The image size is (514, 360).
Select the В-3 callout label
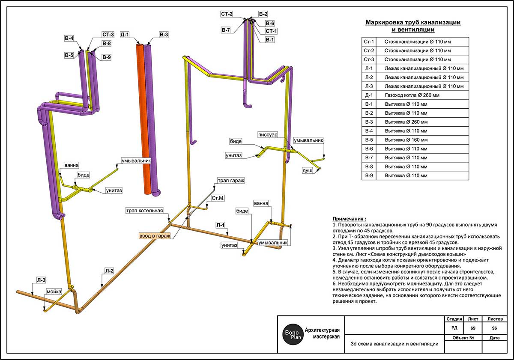coord(164,35)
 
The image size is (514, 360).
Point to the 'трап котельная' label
coord(144,211)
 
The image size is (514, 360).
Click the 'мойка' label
coord(54,292)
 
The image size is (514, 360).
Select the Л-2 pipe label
coord(109,271)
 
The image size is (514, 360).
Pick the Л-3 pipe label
coord(40,280)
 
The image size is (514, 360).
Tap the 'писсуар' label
coord(268,135)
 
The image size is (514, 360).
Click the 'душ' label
coord(308,170)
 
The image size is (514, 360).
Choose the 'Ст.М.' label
coord(218,199)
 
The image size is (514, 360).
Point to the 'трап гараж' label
coord(230,181)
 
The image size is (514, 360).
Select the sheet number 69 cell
coord(472,328)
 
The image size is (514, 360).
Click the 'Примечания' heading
coord(349,218)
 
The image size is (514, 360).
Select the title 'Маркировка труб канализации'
coord(412,23)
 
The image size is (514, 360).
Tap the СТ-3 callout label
coord(108,35)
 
